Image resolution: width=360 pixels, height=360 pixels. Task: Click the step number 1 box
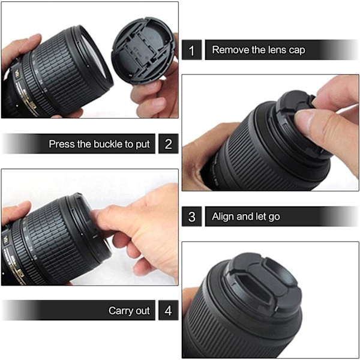192,50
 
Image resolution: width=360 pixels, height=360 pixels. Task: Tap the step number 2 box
168,144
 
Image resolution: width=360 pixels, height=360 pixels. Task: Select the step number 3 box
192,216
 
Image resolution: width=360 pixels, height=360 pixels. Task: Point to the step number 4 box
168,310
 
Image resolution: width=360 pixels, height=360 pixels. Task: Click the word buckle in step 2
108,144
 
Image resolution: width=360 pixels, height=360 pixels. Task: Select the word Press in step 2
62,144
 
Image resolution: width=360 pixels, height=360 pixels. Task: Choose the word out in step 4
143,311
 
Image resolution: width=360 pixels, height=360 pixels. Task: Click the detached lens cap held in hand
143,51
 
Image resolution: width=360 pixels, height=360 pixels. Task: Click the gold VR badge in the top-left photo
17,74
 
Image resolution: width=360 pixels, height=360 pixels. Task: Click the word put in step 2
143,145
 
